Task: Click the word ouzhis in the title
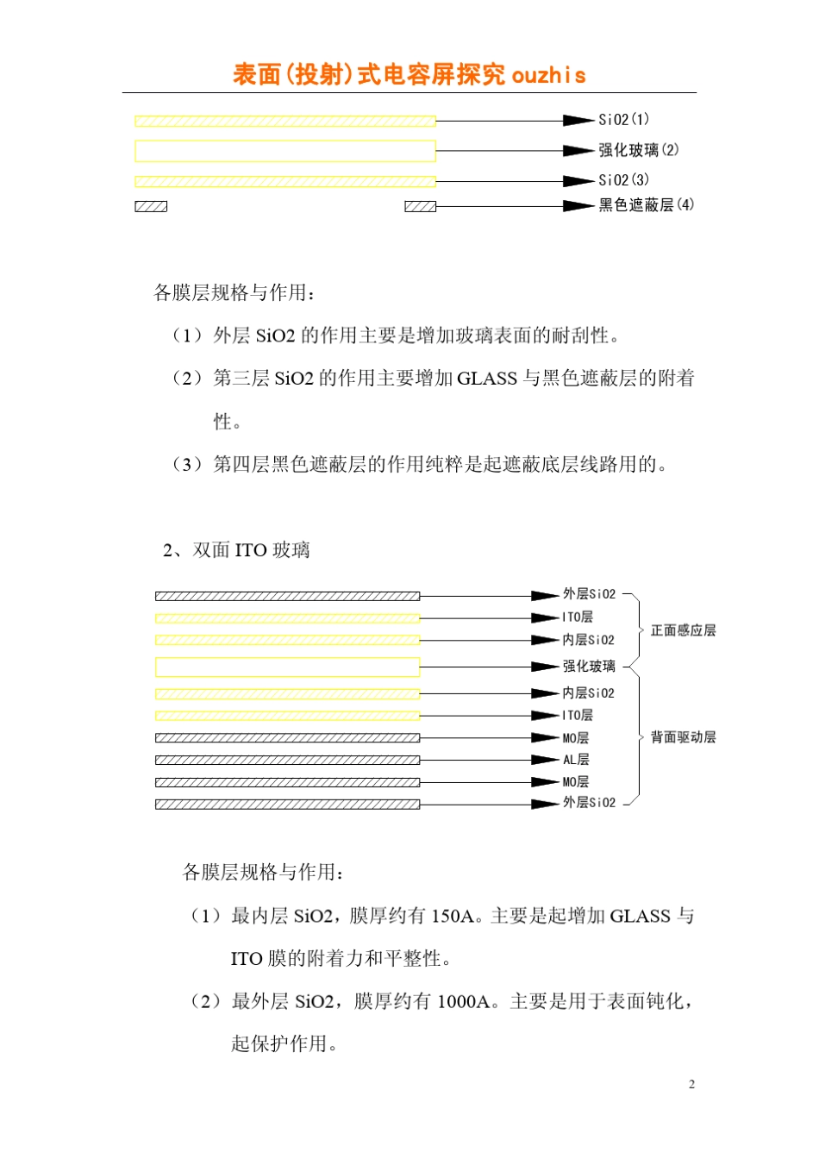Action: point(548,76)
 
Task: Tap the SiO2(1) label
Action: point(623,120)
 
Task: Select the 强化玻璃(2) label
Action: point(638,150)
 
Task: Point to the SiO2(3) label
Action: point(623,180)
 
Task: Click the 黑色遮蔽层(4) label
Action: point(646,205)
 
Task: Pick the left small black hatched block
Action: point(151,206)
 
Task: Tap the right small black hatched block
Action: point(421,206)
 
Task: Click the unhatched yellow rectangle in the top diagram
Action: point(284,151)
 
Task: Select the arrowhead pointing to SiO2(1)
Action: point(578,121)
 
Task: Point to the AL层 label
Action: point(576,760)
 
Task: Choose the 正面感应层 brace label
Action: point(683,630)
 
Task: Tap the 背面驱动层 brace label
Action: point(683,737)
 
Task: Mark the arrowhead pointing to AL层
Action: point(545,760)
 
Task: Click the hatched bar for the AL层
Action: point(287,760)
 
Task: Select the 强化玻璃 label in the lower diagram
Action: point(589,667)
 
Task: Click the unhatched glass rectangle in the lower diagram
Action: point(287,667)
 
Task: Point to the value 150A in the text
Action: point(453,916)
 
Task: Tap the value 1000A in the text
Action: point(464,1001)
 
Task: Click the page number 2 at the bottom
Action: point(691,1085)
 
